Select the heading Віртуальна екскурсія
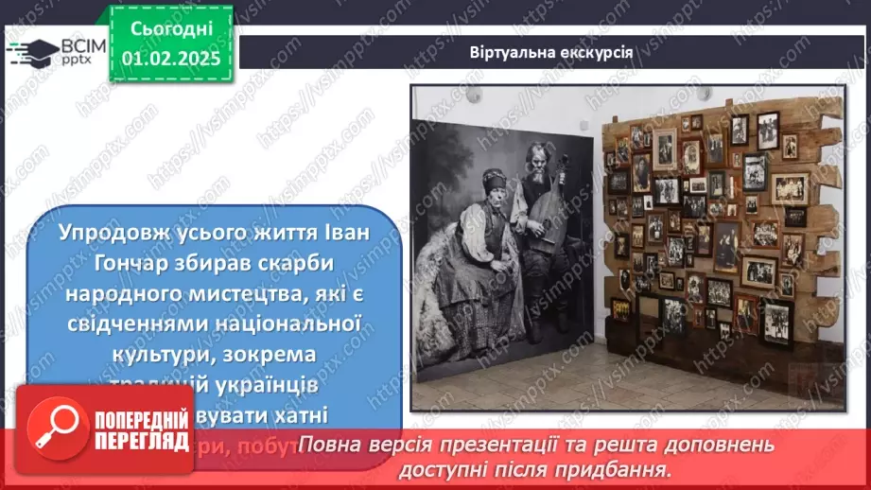551,50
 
